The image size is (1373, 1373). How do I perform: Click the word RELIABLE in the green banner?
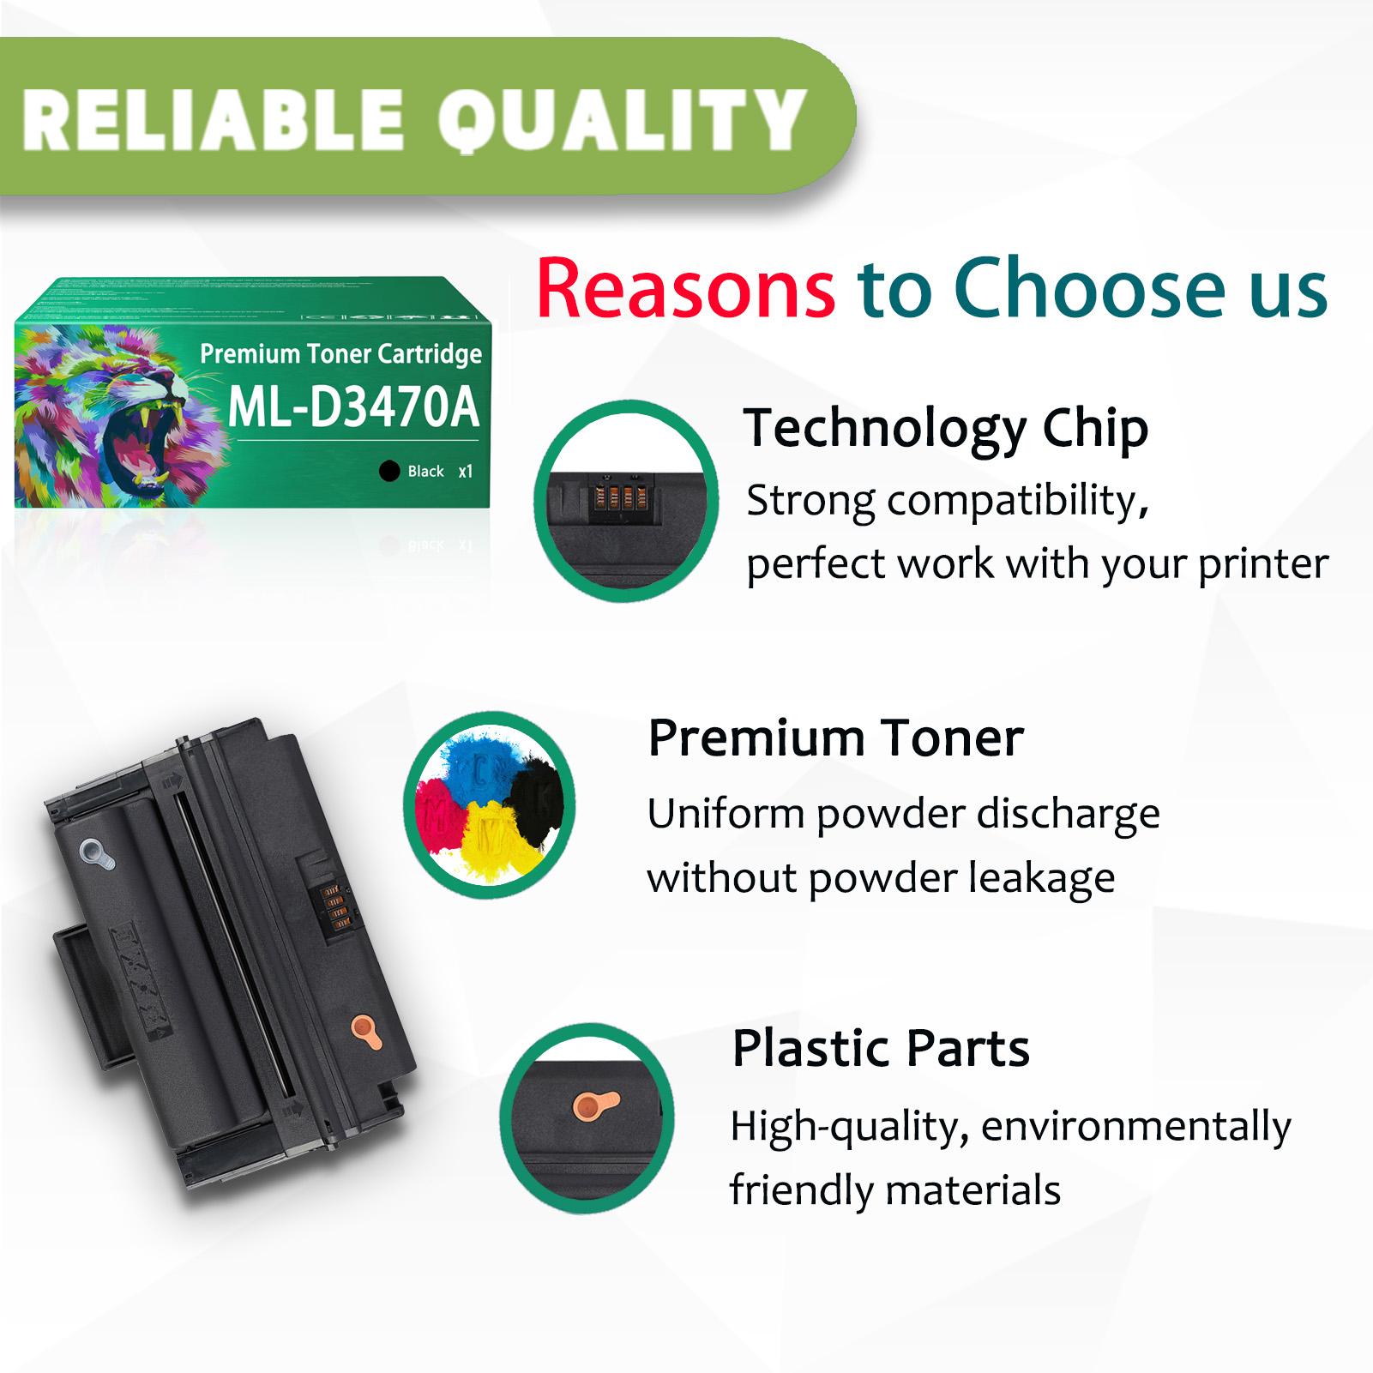point(213,120)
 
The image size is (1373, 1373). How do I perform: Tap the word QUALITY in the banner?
point(623,120)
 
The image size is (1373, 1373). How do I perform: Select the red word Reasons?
point(685,289)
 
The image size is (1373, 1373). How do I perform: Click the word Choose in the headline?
point(1090,289)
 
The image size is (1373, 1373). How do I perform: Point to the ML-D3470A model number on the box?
point(353,406)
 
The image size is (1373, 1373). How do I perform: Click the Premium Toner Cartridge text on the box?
point(340,353)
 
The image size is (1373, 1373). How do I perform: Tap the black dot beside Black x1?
point(389,471)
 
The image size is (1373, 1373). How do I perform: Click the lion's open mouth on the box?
point(137,446)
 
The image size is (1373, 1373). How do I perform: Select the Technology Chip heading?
point(946,428)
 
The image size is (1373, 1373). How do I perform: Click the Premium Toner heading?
point(836,738)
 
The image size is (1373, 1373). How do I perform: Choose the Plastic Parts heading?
point(881,1048)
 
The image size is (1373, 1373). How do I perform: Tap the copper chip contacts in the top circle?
point(620,497)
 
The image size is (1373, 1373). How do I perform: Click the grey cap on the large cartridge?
point(96,854)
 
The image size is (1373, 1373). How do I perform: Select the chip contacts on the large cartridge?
point(335,907)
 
